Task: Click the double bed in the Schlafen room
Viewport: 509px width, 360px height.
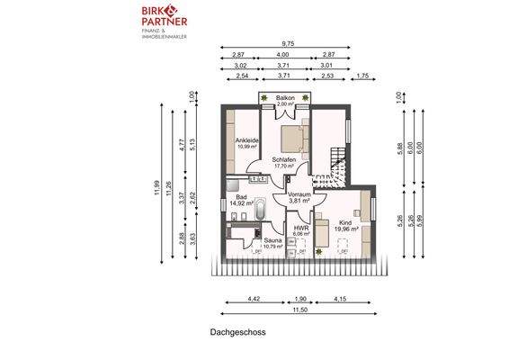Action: [293, 139]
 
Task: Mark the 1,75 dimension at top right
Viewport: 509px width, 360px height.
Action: [362, 76]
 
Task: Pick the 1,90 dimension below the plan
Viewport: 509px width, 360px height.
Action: [301, 298]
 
